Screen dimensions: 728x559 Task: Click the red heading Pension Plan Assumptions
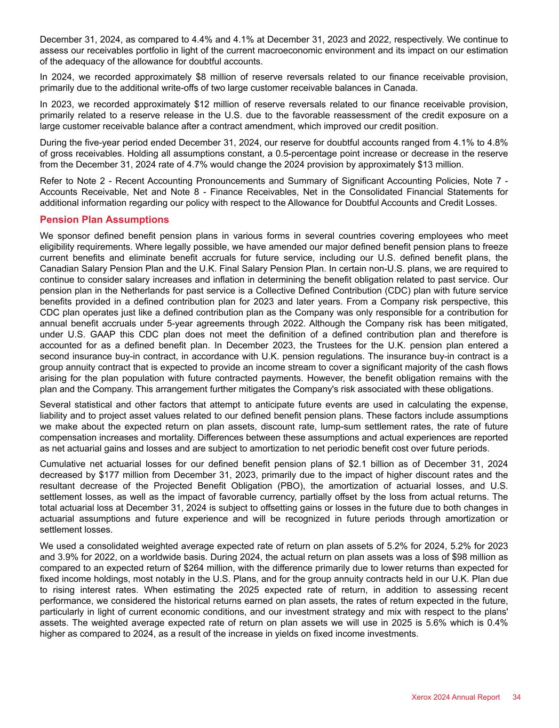104,220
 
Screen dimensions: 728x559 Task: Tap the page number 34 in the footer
516,697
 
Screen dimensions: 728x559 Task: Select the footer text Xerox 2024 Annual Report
456,697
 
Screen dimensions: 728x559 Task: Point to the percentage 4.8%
495,142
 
